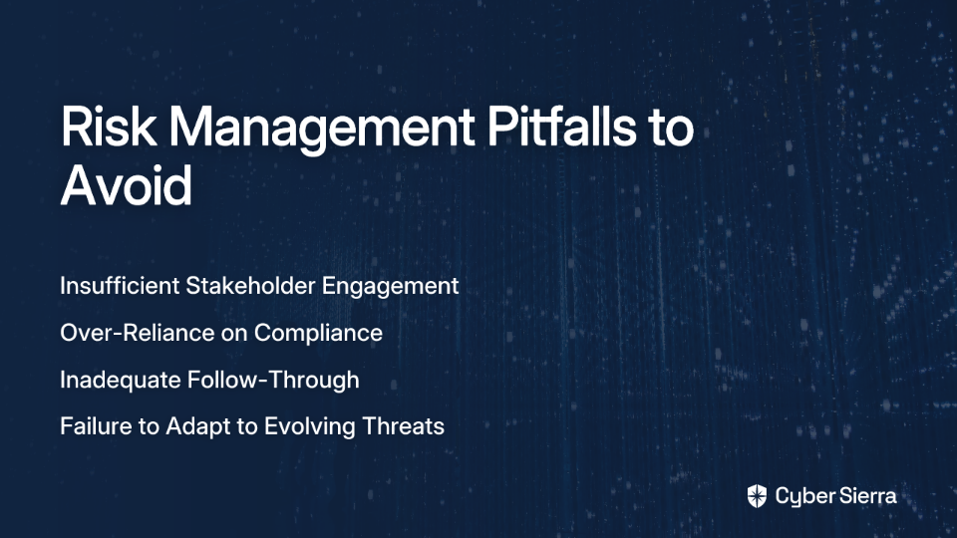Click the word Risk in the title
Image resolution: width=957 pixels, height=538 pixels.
click(x=109, y=127)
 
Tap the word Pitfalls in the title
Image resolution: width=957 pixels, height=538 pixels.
click(x=561, y=127)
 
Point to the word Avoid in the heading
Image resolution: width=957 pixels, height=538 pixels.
click(x=127, y=185)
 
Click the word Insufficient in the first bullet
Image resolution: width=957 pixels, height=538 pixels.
click(x=120, y=286)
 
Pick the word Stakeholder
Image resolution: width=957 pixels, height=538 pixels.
click(x=250, y=286)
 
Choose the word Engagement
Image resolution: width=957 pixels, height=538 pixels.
click(x=390, y=287)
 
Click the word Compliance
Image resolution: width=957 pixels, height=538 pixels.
click(x=318, y=334)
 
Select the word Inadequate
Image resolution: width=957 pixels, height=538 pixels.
click(x=121, y=380)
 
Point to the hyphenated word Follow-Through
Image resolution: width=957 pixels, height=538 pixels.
click(x=273, y=380)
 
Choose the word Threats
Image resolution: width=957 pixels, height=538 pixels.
click(x=403, y=425)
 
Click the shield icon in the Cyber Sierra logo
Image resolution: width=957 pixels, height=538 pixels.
click(x=757, y=496)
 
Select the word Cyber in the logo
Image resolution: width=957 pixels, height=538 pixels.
click(x=801, y=497)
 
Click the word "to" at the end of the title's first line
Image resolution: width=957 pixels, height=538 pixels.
click(x=671, y=129)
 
